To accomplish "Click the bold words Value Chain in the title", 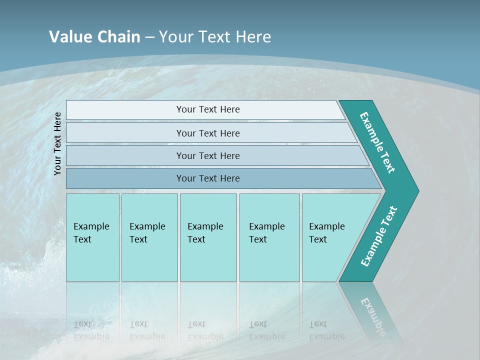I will tap(94, 37).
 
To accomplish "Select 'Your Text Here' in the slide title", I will tap(215, 37).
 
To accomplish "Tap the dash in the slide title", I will tap(149, 37).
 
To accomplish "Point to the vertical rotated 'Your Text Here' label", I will tap(57, 143).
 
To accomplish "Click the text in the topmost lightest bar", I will tap(208, 109).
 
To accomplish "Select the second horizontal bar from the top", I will tap(208, 133).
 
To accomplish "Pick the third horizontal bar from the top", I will tap(208, 155).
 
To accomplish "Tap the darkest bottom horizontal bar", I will tap(208, 178).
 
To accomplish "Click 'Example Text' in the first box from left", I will tap(91, 233).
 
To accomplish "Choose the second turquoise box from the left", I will tap(149, 237).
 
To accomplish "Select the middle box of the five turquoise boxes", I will tap(208, 237).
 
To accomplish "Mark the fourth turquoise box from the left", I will tap(269, 237).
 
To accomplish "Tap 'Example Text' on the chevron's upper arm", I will tap(378, 143).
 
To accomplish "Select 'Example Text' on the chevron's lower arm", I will tap(379, 236).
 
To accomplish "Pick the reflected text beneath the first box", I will tap(91, 330).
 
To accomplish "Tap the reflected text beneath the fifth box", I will tap(326, 330).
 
